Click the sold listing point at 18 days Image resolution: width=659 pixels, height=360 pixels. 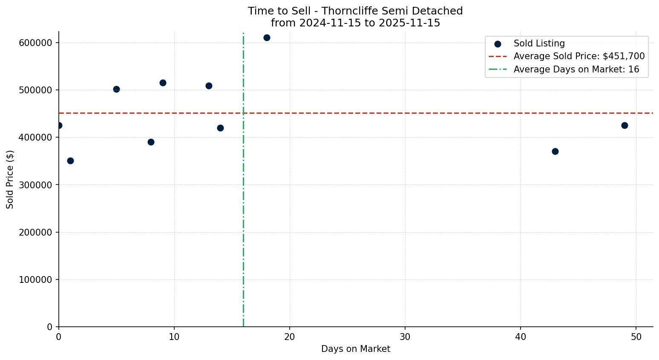[267, 37]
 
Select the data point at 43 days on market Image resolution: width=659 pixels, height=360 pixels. [555, 151]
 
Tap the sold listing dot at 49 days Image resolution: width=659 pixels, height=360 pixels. [624, 125]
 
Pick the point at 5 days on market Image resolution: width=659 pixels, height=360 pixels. [116, 89]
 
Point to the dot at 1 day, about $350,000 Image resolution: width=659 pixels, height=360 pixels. [70, 161]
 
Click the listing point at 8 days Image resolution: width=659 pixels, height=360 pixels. [151, 142]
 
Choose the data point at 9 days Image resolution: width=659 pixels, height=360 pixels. [163, 83]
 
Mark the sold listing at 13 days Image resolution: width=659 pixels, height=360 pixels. [209, 86]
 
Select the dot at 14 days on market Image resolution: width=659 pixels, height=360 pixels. [220, 128]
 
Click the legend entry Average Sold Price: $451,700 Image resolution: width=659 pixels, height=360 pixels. [579, 56]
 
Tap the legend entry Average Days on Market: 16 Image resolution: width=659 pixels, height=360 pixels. [576, 69]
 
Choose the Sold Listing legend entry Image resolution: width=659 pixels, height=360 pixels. [539, 43]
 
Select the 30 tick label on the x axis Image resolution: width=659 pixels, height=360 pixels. [405, 337]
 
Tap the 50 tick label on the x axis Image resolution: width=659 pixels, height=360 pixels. [636, 337]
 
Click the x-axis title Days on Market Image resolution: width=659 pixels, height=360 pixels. [356, 349]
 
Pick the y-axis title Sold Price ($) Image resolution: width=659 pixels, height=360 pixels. [10, 179]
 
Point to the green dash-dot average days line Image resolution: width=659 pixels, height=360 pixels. [243, 213]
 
